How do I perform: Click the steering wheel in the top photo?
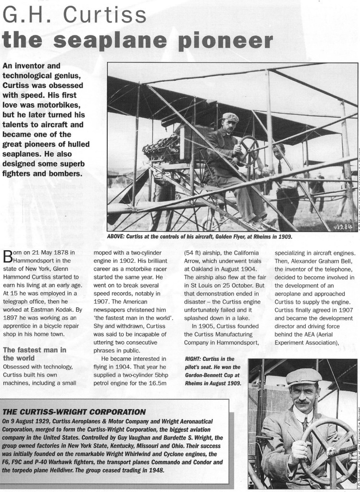248,148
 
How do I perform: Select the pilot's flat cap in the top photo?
230,117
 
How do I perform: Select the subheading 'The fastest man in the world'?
34,354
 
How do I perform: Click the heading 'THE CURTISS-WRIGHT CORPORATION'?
74,412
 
